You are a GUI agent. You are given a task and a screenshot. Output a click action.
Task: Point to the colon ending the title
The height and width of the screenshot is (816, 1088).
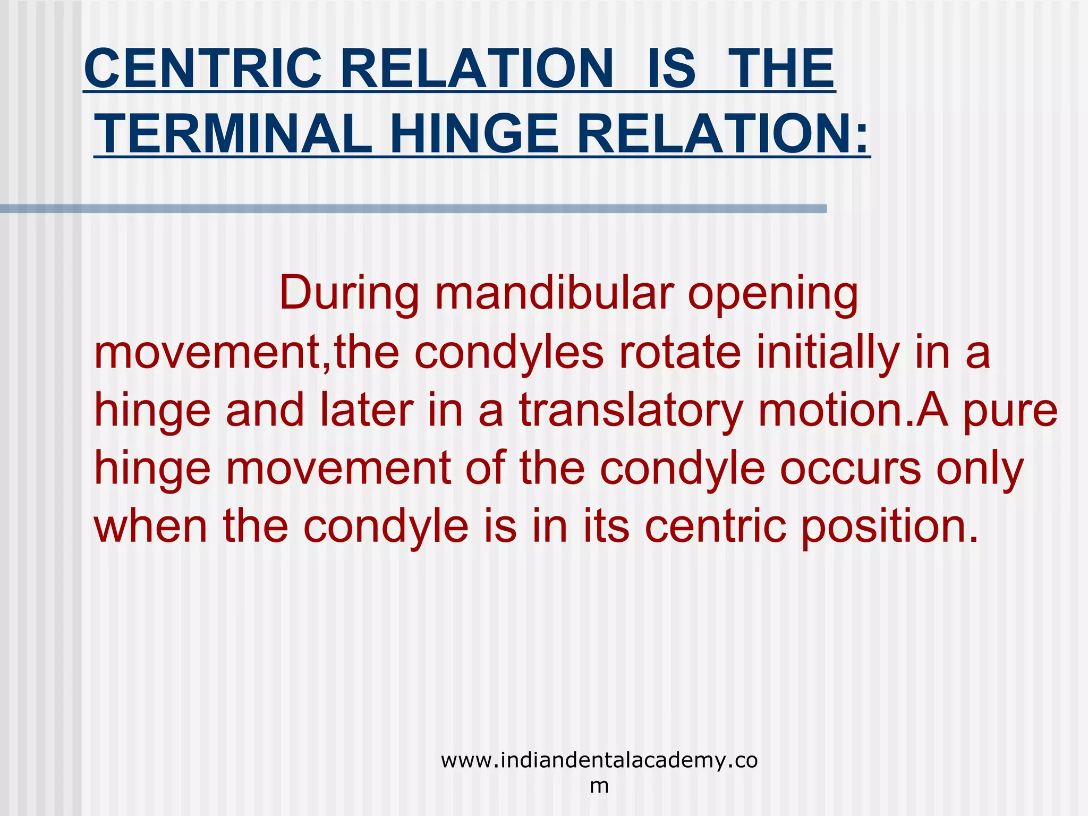coord(861,137)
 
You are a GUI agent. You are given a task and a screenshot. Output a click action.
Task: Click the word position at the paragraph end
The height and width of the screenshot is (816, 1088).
coord(888,528)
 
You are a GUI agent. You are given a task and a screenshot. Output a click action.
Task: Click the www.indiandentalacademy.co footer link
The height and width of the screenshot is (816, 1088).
coord(599,761)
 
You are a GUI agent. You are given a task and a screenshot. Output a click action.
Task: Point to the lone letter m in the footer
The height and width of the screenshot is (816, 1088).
coord(599,785)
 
